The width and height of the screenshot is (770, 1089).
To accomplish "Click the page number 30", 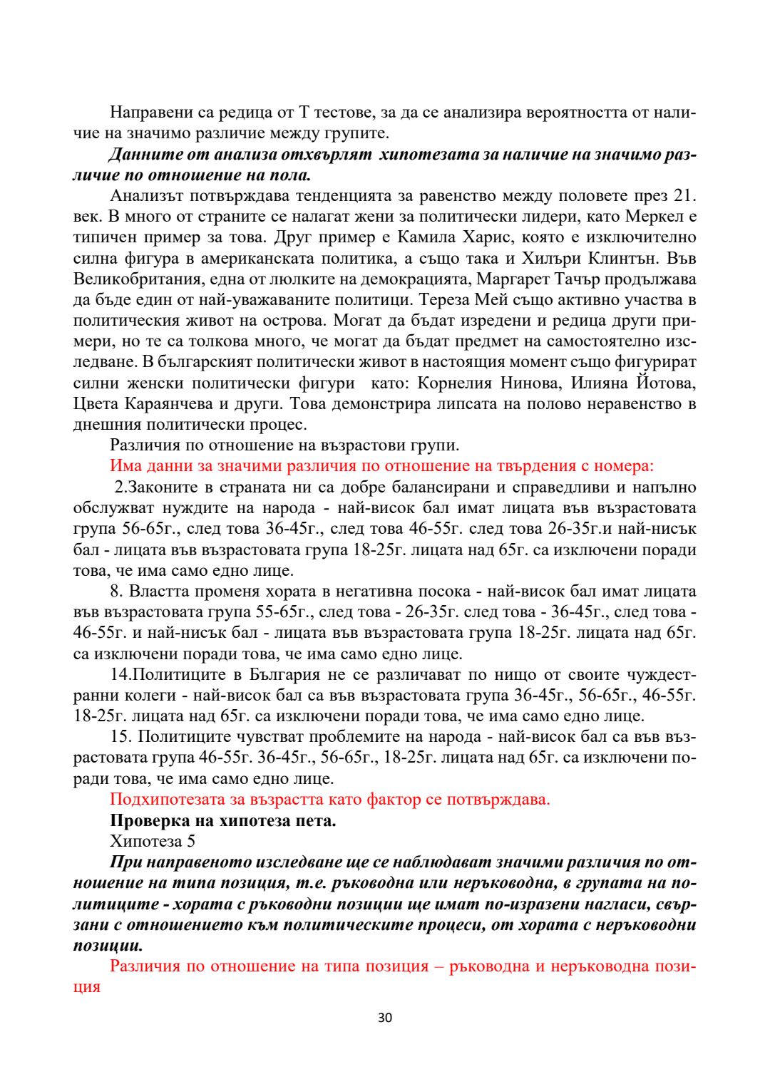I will (385, 1018).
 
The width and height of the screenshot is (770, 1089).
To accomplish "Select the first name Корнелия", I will (455, 383).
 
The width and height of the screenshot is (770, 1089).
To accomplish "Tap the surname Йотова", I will (665, 383).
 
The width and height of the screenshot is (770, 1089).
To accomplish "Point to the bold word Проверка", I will (148, 820).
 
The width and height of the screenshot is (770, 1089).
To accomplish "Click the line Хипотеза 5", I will (153, 841).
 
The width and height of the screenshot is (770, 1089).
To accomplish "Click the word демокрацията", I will (411, 279).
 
